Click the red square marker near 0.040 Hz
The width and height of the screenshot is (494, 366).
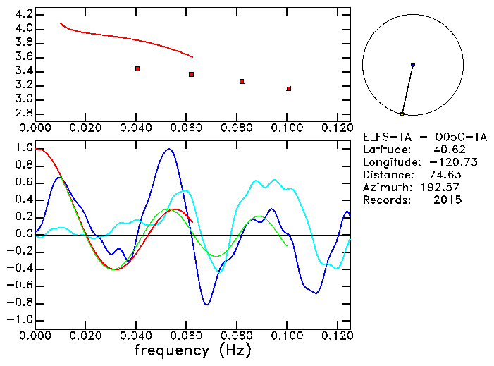click(x=137, y=68)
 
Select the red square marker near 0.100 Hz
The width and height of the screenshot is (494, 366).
click(x=288, y=89)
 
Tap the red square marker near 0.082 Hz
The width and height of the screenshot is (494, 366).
click(x=242, y=81)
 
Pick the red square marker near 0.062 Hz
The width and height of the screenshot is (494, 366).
click(x=191, y=74)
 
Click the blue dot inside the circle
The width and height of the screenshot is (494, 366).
click(x=413, y=65)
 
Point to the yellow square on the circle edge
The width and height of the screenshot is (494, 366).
click(x=402, y=114)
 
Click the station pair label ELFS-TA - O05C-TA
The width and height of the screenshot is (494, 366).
click(x=424, y=137)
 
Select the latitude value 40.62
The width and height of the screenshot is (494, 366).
click(x=444, y=150)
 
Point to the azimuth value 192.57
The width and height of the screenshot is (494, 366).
click(x=441, y=188)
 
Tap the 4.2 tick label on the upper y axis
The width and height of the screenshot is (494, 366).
click(x=23, y=14)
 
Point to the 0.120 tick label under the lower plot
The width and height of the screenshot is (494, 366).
click(x=338, y=336)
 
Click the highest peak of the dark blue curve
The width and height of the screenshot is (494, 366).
click(x=168, y=149)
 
